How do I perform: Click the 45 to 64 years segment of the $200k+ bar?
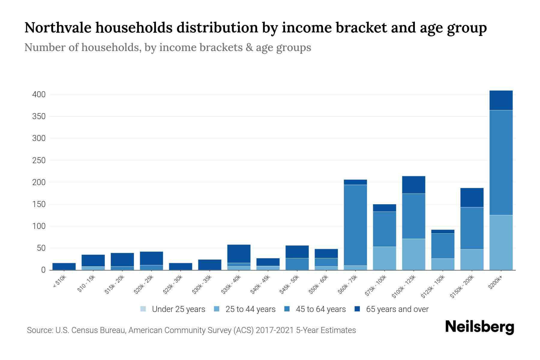[x=501, y=162]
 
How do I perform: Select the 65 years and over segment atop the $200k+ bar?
[x=501, y=100]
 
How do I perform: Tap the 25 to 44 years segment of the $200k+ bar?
[x=501, y=242]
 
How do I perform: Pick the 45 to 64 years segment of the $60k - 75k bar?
[x=355, y=225]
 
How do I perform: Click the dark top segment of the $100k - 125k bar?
[x=413, y=185]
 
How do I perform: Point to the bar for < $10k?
[x=64, y=266]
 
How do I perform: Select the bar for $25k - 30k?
[x=181, y=266]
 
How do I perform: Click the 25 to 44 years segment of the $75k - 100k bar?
[x=384, y=258]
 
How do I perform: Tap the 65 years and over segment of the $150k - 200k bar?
[x=472, y=197]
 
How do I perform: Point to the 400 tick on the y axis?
[x=39, y=94]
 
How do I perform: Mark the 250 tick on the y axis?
[x=39, y=160]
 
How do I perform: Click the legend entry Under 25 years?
[x=178, y=309]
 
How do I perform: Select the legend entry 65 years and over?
[x=397, y=309]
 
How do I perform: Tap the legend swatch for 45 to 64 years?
[x=287, y=309]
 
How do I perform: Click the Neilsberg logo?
[x=479, y=327]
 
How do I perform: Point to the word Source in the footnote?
[x=39, y=330]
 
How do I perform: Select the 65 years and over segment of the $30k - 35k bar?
[x=210, y=265]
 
